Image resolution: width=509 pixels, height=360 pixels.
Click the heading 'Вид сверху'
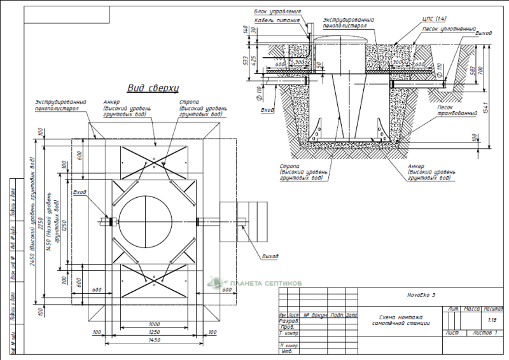coord(153,88)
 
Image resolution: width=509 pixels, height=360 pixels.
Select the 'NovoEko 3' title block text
coord(421,295)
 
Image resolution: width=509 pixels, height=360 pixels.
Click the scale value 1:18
coord(491,321)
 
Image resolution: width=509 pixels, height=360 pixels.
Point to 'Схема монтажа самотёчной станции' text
coord(401,321)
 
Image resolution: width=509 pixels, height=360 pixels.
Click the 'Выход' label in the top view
coord(270,256)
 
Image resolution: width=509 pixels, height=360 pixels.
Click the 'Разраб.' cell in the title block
coord(288,321)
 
